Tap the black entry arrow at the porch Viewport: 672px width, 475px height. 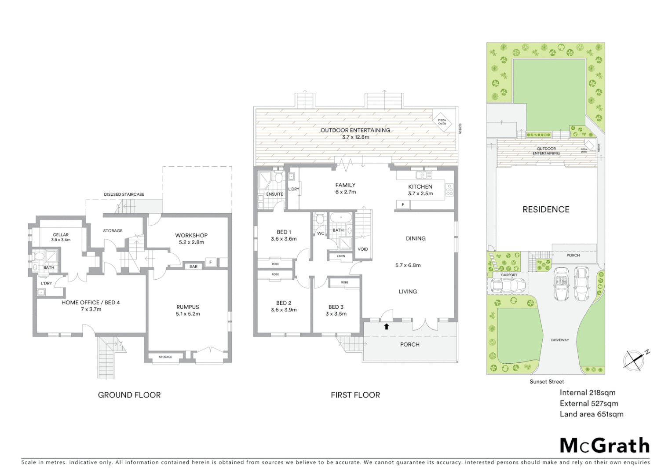pyautogui.click(x=387, y=326)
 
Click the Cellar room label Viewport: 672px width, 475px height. pyautogui.click(x=61, y=235)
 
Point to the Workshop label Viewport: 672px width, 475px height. pyautogui.click(x=191, y=235)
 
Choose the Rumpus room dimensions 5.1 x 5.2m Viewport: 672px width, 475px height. pyautogui.click(x=188, y=314)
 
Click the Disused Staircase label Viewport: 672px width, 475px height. pyautogui.click(x=124, y=194)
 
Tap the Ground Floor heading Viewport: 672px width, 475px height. pyautogui.click(x=129, y=395)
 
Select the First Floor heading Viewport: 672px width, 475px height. pyautogui.click(x=355, y=395)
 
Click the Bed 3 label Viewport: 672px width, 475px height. pyautogui.click(x=336, y=307)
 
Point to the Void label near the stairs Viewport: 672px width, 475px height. pyautogui.click(x=363, y=249)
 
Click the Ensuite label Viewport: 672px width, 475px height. pyautogui.click(x=275, y=194)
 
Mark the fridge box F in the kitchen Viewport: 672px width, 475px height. pyautogui.click(x=403, y=205)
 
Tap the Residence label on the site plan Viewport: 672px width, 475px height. pyautogui.click(x=546, y=210)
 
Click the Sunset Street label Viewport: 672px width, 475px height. pyautogui.click(x=547, y=382)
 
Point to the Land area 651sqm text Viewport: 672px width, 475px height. pyautogui.click(x=591, y=414)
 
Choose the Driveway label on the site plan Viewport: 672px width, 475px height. pyautogui.click(x=560, y=340)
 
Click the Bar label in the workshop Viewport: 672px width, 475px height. pyautogui.click(x=193, y=267)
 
